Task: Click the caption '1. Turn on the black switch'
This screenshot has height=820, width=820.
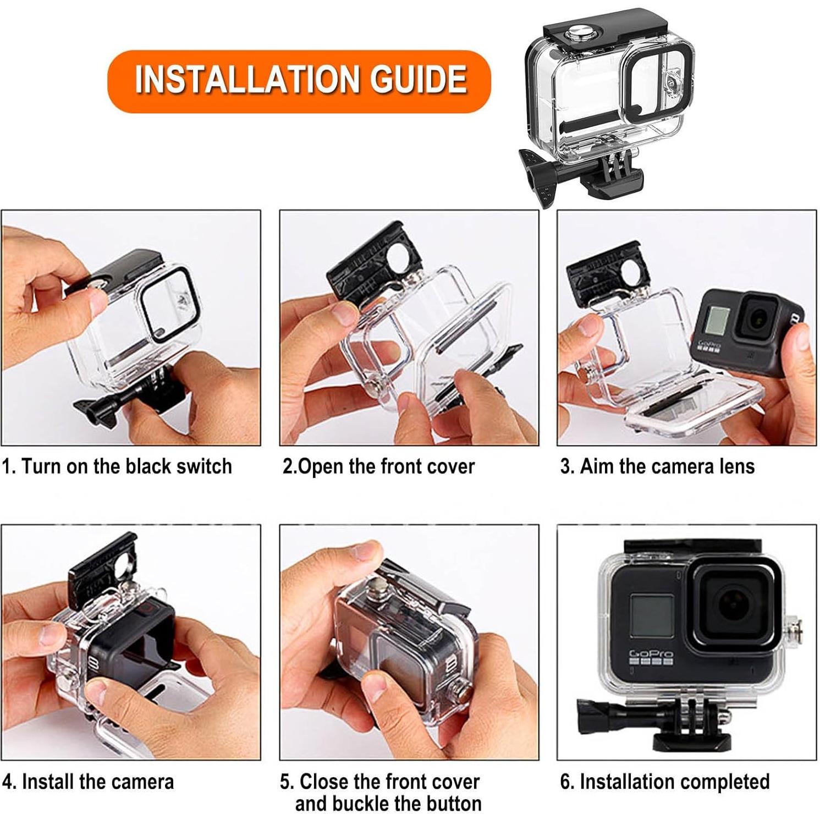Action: tap(117, 466)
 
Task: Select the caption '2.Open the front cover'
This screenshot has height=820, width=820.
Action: tap(378, 466)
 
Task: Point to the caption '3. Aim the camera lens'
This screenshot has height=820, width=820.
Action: tap(657, 466)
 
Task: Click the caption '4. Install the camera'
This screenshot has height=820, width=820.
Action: tap(88, 782)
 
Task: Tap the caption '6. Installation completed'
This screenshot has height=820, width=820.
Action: tap(664, 782)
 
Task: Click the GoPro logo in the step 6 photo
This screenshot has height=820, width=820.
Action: tap(651, 654)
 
